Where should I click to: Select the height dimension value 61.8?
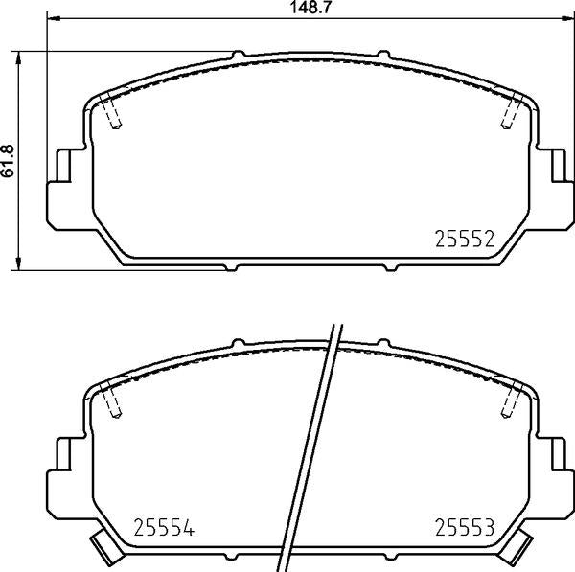(x=9, y=160)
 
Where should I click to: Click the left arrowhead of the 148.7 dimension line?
(x=53, y=20)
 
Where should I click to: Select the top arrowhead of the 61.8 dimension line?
(x=20, y=56)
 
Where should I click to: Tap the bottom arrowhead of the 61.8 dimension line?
(x=20, y=264)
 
